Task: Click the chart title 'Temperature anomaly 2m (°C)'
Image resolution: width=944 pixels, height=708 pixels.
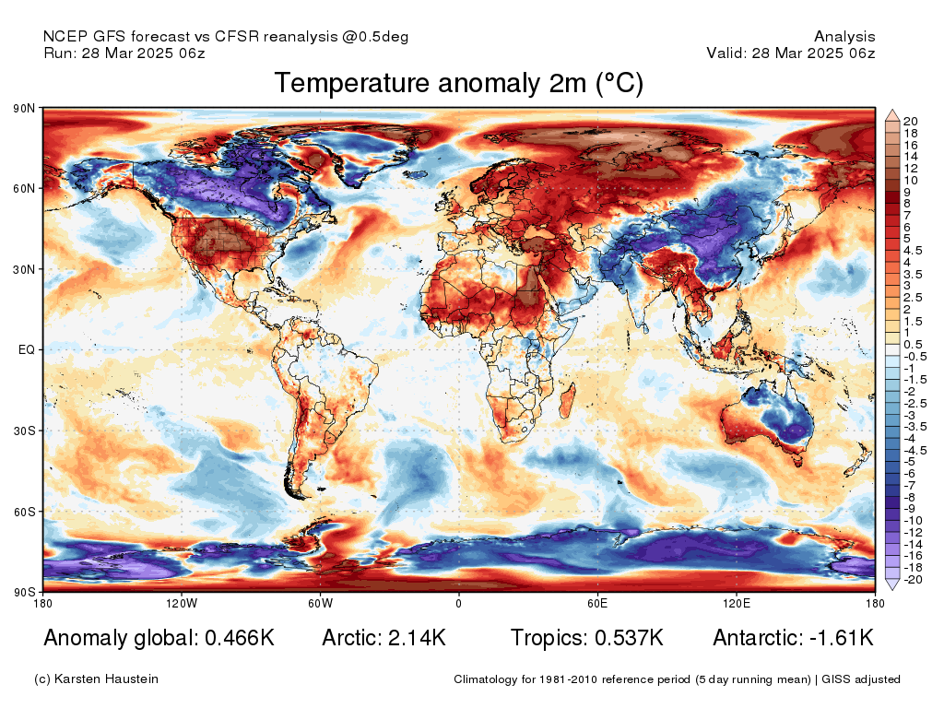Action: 458,83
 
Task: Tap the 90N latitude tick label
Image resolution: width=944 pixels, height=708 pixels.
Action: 24,109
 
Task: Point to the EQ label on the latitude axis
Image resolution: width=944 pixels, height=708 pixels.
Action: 27,350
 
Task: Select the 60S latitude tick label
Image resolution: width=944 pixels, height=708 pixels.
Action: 24,511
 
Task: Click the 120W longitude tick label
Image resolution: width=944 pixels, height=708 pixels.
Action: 182,604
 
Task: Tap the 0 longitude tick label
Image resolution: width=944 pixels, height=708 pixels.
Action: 458,604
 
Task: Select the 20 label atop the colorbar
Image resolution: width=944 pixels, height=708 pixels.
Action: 911,122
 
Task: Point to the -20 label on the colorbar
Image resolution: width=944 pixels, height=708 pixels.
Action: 913,580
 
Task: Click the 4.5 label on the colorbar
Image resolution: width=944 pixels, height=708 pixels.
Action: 913,250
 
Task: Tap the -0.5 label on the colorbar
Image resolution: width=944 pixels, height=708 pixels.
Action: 914,357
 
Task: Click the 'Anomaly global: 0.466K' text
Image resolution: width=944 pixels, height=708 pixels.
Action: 159,638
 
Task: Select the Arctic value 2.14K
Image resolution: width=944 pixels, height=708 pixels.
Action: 414,638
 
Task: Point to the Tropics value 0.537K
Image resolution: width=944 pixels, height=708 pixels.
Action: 626,638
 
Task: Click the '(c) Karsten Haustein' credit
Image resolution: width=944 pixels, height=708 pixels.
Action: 96,679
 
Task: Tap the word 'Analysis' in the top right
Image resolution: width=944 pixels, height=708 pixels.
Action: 844,37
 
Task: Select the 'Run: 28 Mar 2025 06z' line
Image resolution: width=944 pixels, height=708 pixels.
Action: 124,53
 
